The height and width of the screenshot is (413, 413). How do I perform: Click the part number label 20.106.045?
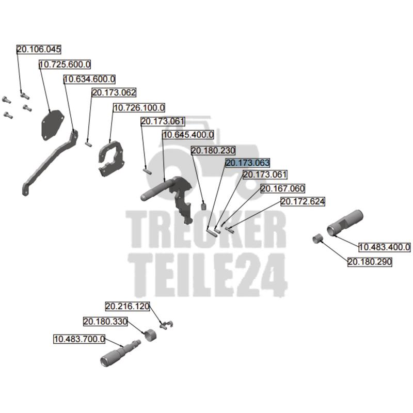pos(39,50)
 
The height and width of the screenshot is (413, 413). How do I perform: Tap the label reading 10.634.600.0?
pos(89,79)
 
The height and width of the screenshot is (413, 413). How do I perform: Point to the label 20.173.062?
pos(114,93)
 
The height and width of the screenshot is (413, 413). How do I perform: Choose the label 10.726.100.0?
pos(139,108)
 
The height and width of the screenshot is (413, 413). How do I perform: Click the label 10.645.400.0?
pos(188,135)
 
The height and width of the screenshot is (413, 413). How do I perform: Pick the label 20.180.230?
pos(213,151)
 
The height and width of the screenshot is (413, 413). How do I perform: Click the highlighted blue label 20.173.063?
pos(248,163)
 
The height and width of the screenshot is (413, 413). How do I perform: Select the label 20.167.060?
pos(282,188)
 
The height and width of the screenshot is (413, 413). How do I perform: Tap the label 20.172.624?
pos(303,202)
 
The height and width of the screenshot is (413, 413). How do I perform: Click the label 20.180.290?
pos(370,262)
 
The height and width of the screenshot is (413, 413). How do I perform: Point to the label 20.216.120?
pos(128,306)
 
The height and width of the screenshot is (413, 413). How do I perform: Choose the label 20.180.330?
pos(105,322)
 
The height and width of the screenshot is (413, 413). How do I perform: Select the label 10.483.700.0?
pos(80,339)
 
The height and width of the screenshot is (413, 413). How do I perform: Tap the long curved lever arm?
pos(49,165)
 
